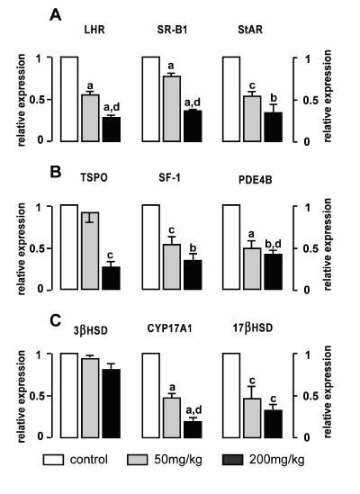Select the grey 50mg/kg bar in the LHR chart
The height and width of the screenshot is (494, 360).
pyautogui.click(x=90, y=118)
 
